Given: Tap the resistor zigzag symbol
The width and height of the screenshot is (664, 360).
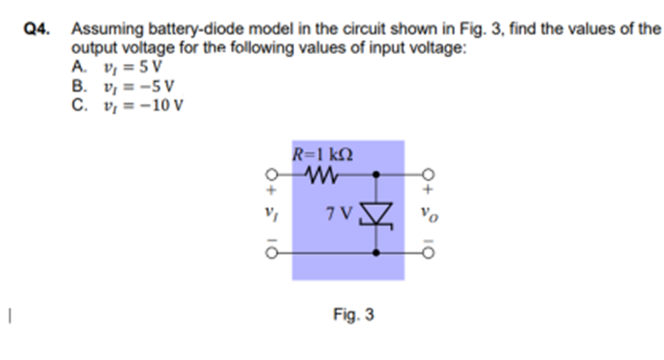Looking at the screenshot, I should (x=321, y=173).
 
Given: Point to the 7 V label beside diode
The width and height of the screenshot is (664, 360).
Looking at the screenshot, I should (x=339, y=212).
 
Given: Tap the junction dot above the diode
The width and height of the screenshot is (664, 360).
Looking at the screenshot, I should (x=375, y=173).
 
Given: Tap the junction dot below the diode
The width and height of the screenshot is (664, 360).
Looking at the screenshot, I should (x=375, y=252).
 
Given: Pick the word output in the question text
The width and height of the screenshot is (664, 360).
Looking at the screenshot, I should (x=91, y=48).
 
